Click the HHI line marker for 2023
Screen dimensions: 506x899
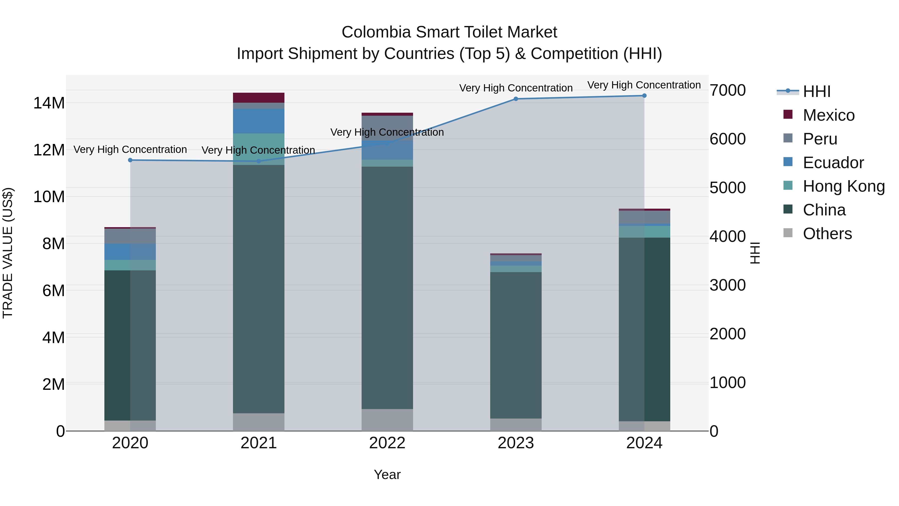[x=516, y=99]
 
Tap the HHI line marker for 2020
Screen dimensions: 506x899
[x=130, y=160]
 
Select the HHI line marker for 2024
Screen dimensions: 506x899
[x=644, y=96]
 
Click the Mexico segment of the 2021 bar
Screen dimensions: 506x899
[x=259, y=98]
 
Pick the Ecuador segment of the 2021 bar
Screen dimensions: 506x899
[x=259, y=121]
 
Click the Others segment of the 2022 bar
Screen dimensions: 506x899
[x=387, y=420]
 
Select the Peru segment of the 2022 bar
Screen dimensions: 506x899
[x=387, y=128]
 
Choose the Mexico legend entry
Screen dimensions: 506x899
[x=829, y=115]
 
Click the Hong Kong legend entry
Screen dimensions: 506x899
[x=844, y=186]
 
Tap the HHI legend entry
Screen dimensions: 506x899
[x=816, y=91]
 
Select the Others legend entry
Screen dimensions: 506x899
[x=827, y=234]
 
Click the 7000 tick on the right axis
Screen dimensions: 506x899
[x=728, y=90]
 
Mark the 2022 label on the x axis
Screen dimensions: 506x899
[x=387, y=443]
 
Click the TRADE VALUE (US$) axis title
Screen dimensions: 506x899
[x=8, y=253]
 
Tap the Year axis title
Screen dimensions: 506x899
[x=387, y=475]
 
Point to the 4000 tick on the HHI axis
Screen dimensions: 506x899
[x=728, y=236]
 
